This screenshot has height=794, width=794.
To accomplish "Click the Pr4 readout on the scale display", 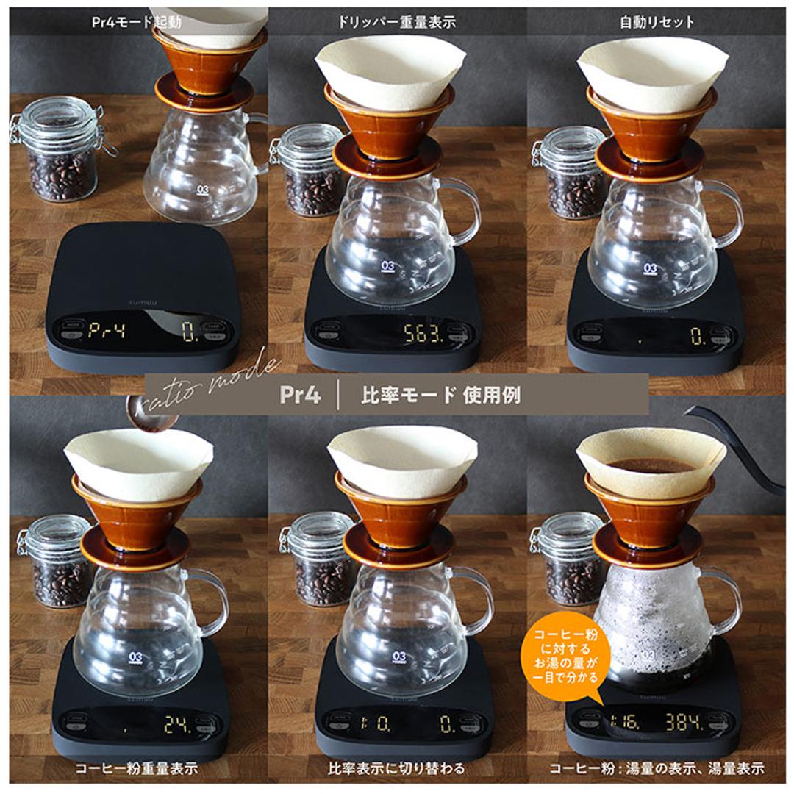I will [107, 330].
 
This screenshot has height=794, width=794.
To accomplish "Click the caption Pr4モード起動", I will [137, 22].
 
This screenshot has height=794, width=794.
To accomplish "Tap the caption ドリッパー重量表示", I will [397, 22].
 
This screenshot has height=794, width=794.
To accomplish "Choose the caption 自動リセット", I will [657, 22].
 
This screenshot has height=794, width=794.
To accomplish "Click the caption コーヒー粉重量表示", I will [137, 769].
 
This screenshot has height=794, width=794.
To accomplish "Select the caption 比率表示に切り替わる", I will [397, 769].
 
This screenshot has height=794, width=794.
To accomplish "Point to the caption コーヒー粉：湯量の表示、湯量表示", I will [657, 769].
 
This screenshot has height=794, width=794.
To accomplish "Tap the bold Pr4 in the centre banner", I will [300, 395].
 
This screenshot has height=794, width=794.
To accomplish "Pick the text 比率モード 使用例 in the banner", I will [440, 395].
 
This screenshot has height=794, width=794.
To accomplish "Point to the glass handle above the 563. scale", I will [464, 213].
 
